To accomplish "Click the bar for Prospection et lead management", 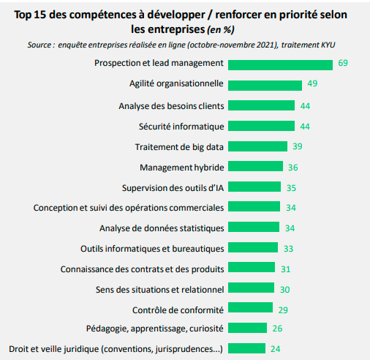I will (282, 64).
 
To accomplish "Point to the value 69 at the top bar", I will (344, 64).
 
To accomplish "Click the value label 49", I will (312, 84).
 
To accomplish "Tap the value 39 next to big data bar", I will (297, 146).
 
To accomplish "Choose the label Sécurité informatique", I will (181, 126).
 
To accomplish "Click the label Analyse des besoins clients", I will (171, 105).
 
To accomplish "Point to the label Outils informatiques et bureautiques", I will (152, 247).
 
